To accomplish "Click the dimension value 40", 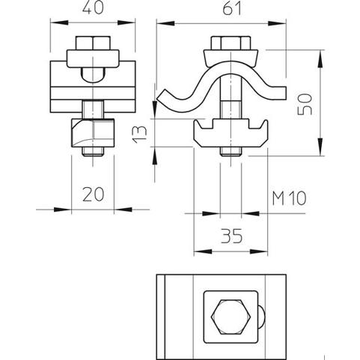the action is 93,7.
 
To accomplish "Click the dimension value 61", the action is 232,8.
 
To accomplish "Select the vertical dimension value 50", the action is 305,104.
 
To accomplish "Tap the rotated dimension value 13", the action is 139,134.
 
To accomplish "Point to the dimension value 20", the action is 93,195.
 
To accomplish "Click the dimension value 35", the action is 231,236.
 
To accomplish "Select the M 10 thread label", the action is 289,198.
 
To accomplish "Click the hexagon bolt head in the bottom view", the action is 231,317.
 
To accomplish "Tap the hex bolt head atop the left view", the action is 93,43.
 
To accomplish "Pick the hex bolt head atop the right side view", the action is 231,43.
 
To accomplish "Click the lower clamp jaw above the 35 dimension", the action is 231,133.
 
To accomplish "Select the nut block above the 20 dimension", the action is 93,133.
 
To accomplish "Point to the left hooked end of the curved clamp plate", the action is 162,97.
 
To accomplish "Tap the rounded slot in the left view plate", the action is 93,75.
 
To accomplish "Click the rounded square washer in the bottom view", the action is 231,317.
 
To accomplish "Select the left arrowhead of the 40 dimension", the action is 59,22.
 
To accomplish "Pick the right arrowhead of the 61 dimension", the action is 277,23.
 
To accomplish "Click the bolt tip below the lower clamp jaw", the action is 231,152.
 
